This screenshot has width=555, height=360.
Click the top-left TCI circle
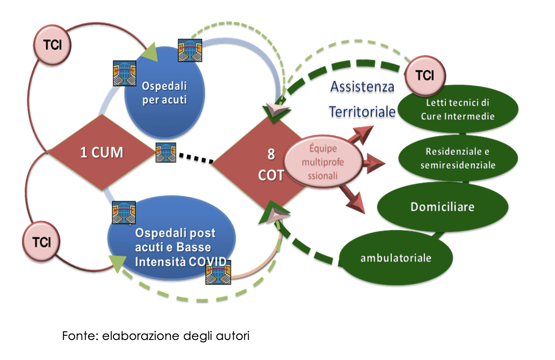click(52, 45)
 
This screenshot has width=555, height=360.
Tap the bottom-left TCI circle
click(41, 242)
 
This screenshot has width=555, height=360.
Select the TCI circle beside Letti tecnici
click(425, 75)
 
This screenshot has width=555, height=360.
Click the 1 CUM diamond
click(102, 152)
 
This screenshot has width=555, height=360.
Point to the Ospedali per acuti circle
click(164, 92)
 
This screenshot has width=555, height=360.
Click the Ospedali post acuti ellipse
click(171, 238)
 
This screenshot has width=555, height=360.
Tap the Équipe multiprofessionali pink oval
click(323, 161)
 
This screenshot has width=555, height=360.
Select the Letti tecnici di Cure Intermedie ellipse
click(458, 109)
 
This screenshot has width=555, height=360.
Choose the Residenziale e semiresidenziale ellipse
click(458, 158)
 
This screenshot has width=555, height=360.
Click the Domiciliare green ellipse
click(442, 207)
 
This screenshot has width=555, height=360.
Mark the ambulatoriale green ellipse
click(396, 258)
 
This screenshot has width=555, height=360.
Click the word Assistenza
click(362, 87)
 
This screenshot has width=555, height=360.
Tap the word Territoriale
click(362, 112)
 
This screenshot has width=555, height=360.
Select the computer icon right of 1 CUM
click(166, 152)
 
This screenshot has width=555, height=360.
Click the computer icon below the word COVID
click(218, 272)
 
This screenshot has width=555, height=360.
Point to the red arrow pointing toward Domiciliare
click(352, 200)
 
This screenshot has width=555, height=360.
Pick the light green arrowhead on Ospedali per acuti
click(150, 52)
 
